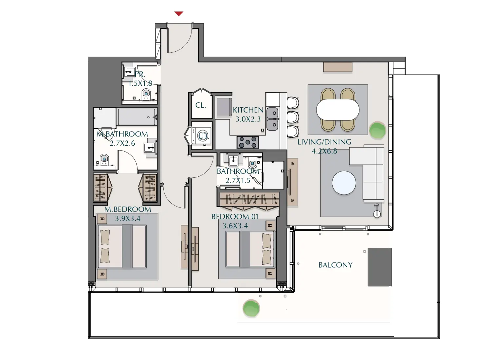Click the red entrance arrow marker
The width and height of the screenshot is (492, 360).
[179, 14]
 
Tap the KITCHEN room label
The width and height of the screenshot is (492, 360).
[248, 110]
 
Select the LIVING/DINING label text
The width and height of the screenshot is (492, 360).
[324, 142]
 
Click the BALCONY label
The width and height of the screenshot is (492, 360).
[335, 265]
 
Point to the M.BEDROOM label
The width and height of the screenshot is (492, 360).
[128, 209]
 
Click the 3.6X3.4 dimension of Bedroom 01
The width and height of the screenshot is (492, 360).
[235, 226]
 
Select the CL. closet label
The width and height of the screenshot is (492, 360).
[201, 105]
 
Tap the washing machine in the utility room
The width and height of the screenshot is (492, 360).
[202, 136]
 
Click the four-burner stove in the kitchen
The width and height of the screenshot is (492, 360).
[248, 142]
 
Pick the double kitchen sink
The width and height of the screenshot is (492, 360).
[272, 119]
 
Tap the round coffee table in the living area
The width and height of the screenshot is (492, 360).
[344, 183]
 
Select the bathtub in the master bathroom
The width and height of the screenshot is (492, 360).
[137, 117]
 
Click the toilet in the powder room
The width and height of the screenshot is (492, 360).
[146, 95]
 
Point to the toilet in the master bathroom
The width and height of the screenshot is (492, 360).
[104, 160]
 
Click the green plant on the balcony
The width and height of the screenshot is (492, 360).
[251, 308]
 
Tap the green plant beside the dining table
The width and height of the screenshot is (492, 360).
[377, 130]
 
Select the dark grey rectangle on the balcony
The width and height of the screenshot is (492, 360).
[380, 267]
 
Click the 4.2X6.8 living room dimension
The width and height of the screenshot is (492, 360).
[324, 151]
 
